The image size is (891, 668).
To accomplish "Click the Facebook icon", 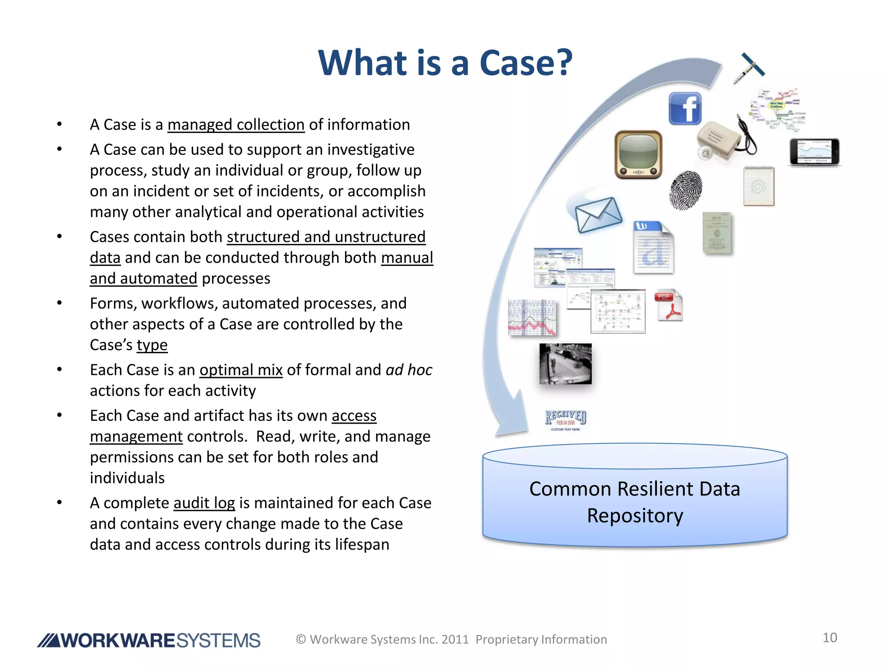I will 685,109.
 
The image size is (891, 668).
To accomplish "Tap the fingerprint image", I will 685,190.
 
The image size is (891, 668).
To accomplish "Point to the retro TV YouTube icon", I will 638,154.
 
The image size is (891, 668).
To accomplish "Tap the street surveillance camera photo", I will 565,364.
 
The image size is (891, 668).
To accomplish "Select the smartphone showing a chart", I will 814,152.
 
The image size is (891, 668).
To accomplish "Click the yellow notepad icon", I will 759,186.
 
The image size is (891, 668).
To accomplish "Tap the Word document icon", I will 653,247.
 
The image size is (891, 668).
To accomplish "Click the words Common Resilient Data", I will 634,489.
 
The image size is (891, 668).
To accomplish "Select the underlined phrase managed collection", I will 236,125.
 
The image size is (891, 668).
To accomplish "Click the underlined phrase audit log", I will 204,503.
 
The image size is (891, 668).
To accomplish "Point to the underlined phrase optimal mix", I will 241,370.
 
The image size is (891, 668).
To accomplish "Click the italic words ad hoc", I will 409,370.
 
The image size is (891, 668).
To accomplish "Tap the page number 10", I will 830,638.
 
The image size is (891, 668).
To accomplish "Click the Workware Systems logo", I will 149,640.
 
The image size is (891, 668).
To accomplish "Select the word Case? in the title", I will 526,63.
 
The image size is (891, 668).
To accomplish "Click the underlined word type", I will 152,345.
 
